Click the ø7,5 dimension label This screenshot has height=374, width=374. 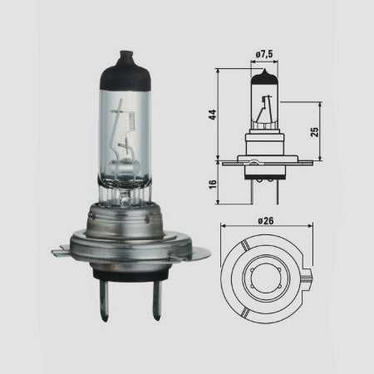[x=264, y=54]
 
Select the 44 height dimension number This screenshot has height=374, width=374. [x=213, y=115]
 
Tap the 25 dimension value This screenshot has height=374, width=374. [x=315, y=132]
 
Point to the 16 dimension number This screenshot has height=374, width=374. [x=213, y=185]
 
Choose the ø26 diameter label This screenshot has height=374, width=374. [x=266, y=221]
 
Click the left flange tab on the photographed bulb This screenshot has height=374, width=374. [x=61, y=251]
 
